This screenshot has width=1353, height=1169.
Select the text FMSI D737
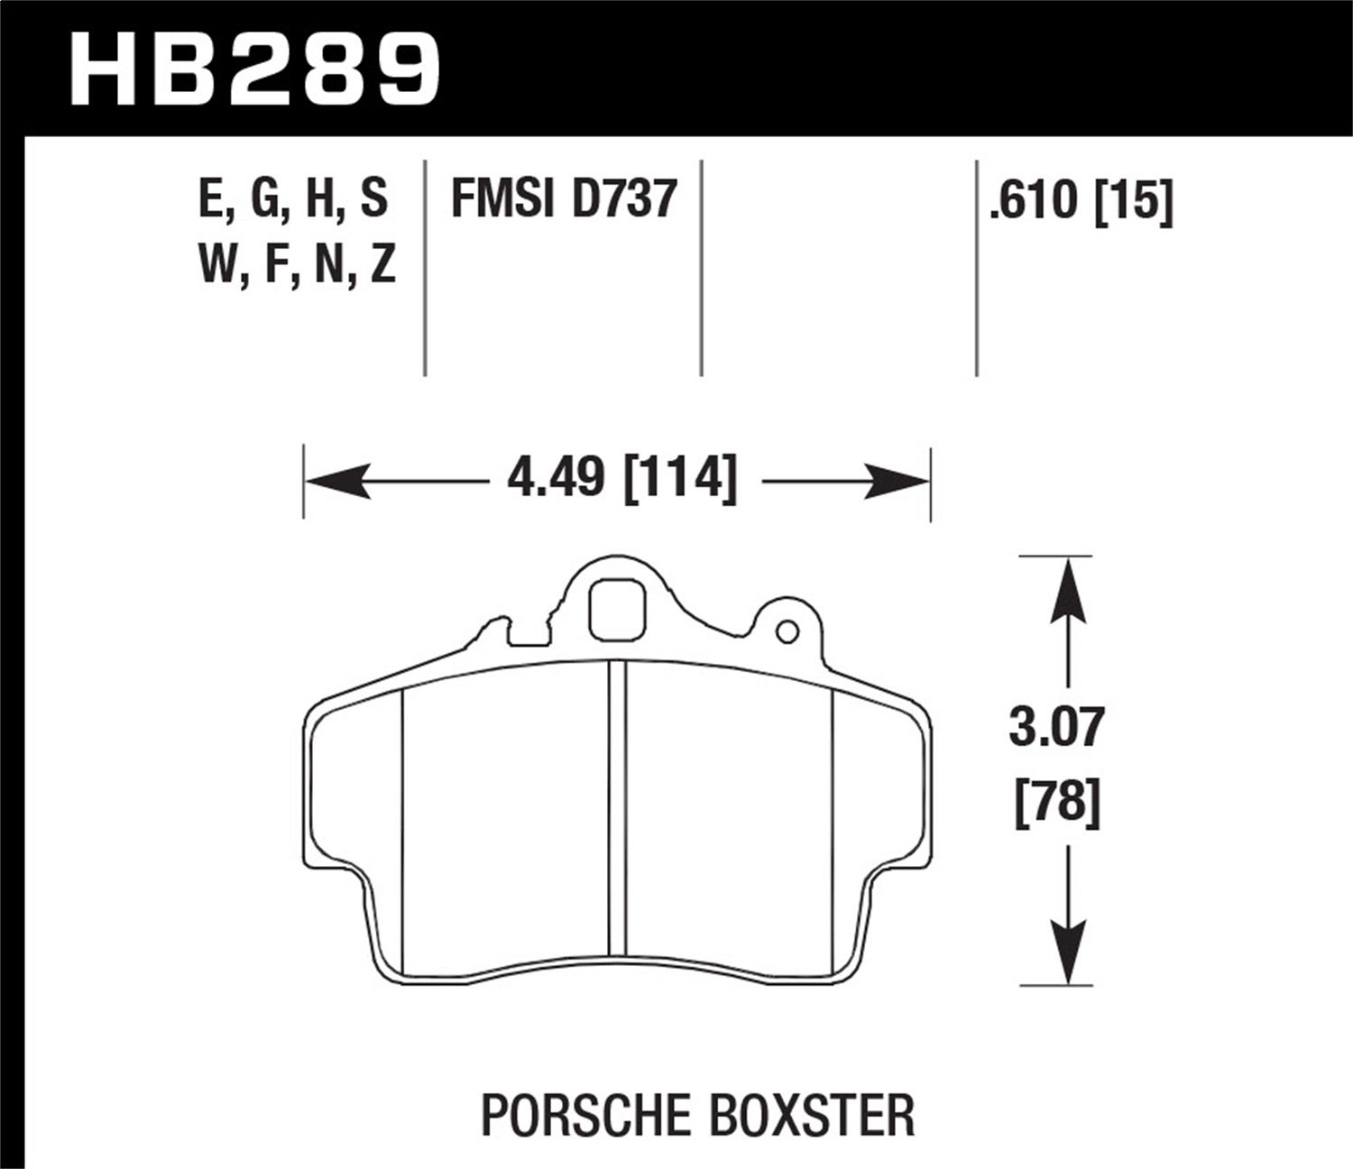tap(563, 198)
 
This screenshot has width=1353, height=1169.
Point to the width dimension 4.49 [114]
tap(621, 478)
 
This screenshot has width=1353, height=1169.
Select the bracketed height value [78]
tap(1058, 799)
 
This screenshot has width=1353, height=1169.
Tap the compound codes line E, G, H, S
tap(293, 198)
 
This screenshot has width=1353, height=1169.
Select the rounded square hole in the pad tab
tap(617, 611)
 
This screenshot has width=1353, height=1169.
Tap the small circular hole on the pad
tap(787, 631)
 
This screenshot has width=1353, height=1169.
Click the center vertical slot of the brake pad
tap(617, 807)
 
